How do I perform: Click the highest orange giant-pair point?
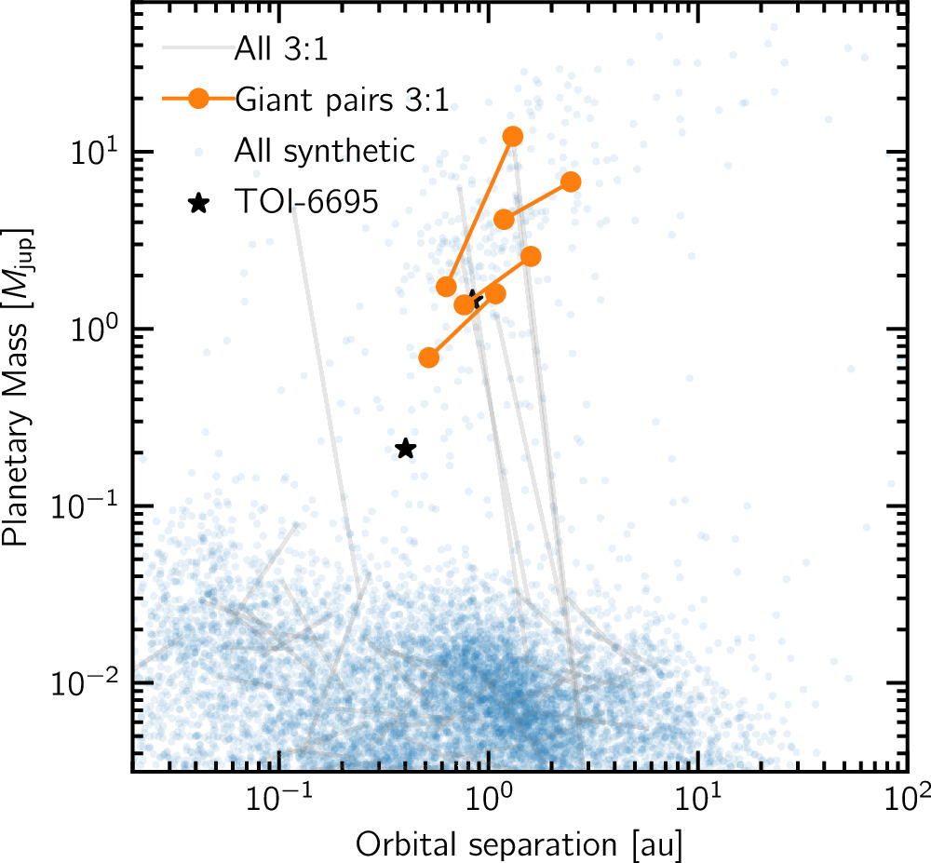pyautogui.click(x=512, y=137)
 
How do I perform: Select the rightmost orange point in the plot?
pyautogui.click(x=571, y=182)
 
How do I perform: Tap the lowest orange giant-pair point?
pyautogui.click(x=429, y=357)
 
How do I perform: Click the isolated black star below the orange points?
pyautogui.click(x=405, y=450)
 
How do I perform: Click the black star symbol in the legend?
pyautogui.click(x=197, y=203)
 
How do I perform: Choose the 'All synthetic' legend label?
pyautogui.click(x=325, y=151)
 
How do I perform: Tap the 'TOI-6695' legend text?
pyautogui.click(x=307, y=203)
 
